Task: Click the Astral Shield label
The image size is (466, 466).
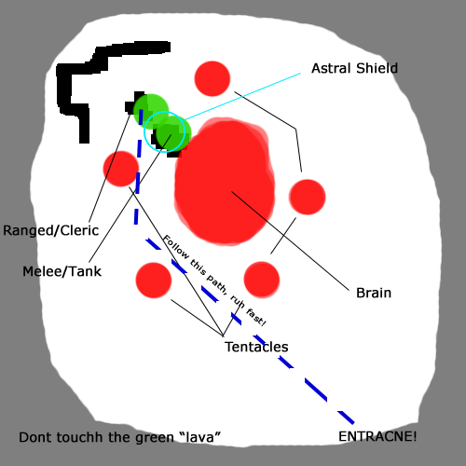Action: click(x=354, y=68)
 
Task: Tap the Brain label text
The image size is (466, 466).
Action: click(x=374, y=293)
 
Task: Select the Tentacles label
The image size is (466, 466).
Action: click(x=256, y=347)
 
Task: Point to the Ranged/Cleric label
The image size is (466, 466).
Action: click(x=51, y=231)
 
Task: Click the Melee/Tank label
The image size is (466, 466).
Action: click(x=62, y=271)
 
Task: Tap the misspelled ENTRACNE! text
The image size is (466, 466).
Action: click(x=377, y=436)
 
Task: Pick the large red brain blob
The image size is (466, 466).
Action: click(x=225, y=182)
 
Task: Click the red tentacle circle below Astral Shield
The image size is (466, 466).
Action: click(x=212, y=78)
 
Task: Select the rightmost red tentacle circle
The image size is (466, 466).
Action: click(x=308, y=197)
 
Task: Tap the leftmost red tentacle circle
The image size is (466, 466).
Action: click(x=121, y=169)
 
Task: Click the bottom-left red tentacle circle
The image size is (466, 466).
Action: click(x=154, y=281)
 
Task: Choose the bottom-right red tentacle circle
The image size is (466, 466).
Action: click(x=262, y=280)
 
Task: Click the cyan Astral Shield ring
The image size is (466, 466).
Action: click(x=144, y=132)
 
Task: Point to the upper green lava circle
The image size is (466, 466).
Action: click(x=151, y=111)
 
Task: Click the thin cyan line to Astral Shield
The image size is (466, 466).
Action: click(x=242, y=97)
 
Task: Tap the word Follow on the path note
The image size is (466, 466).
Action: click(x=176, y=247)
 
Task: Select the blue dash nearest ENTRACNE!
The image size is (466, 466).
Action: click(x=346, y=418)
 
